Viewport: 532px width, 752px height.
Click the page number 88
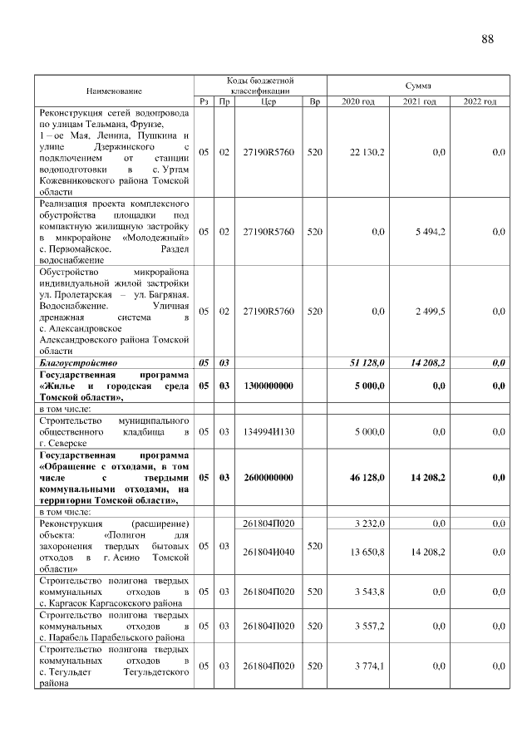[x=487, y=40]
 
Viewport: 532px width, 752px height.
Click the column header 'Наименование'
[x=114, y=90]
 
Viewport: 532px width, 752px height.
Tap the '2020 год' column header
[x=358, y=101]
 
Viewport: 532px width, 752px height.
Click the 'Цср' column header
[x=268, y=101]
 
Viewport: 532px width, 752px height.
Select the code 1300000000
[x=268, y=386]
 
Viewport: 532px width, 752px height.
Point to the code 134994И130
[x=268, y=432]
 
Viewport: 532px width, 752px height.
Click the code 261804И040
[x=268, y=551]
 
